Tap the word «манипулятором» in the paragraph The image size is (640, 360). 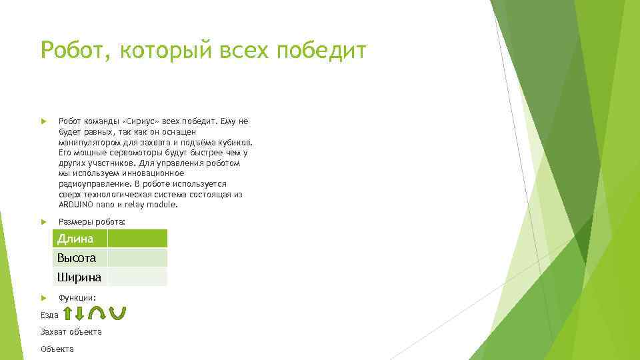[x=90, y=142]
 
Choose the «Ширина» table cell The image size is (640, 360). [x=79, y=277]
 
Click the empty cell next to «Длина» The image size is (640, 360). [x=137, y=239]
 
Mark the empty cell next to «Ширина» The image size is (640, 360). [x=137, y=277]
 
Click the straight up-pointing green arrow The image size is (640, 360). [x=69, y=314]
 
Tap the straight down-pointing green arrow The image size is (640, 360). [x=79, y=314]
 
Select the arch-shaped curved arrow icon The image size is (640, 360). [x=97, y=313]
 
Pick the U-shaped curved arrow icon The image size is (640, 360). [x=117, y=313]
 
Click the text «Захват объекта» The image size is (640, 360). [x=71, y=331]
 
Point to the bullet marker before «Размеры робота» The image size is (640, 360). [x=43, y=221]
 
